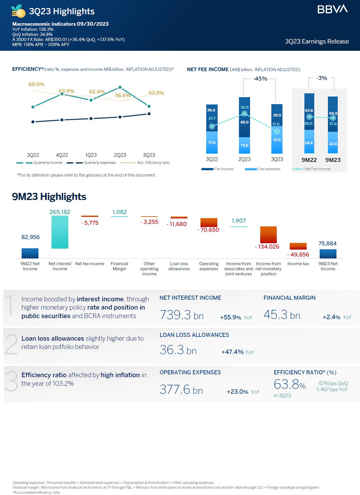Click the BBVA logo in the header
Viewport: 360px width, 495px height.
coord(332,9)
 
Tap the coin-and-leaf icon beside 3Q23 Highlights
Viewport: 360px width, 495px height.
coord(18,11)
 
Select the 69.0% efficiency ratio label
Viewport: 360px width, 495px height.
coord(36,84)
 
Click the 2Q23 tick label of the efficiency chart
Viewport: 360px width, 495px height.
coord(120,155)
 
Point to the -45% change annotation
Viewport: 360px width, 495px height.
coord(260,79)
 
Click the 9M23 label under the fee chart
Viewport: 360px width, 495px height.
coord(333,160)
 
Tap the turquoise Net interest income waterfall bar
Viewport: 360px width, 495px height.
coord(60,232)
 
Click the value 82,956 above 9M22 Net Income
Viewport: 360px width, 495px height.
coord(31,237)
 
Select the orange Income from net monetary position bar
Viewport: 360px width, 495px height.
coord(268,235)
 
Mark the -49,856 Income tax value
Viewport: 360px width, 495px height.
coord(298,255)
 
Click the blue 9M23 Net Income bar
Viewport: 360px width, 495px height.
coord(328,254)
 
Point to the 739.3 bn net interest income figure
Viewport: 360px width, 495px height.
coord(181,315)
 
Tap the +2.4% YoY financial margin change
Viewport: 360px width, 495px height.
coord(337,317)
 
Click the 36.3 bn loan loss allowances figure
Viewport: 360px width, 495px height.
coord(178,350)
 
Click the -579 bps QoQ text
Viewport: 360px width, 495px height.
coord(332,384)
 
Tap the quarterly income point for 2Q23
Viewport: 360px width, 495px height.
coord(120,87)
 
